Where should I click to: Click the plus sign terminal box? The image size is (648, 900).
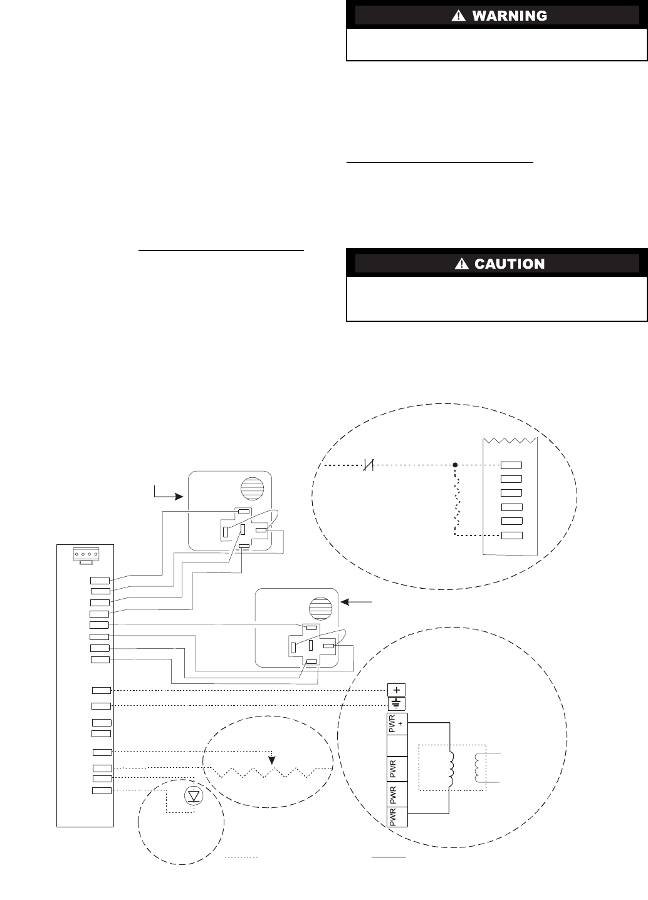(397, 690)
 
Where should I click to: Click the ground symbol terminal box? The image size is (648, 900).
(397, 703)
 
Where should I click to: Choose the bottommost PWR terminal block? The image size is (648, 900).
(397, 817)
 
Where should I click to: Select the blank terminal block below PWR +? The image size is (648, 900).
(397, 747)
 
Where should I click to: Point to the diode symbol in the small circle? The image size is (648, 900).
(194, 796)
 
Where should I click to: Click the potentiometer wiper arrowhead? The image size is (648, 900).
(271, 760)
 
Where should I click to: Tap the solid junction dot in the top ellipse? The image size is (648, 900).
(456, 465)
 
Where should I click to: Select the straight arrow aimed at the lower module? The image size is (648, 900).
(358, 602)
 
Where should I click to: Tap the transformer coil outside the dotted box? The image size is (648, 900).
(479, 767)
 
